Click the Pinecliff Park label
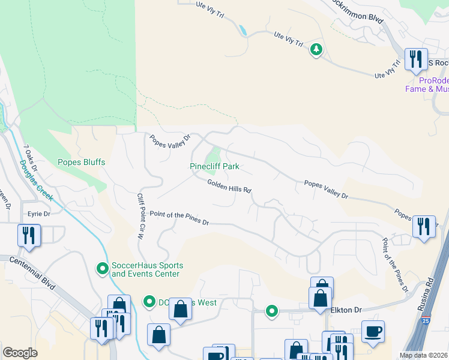pyautogui.click(x=214, y=166)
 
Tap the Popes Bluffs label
pyautogui.click(x=81, y=162)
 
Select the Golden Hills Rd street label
pyautogui.click(x=229, y=186)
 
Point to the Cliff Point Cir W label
pyautogui.click(x=142, y=216)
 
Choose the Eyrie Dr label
pyautogui.click(x=38, y=213)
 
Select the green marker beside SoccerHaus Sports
pyautogui.click(x=103, y=266)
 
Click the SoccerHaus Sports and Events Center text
pyautogui.click(x=147, y=269)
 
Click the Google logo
pyautogui.click(x=20, y=353)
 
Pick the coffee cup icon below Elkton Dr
pyautogui.click(x=373, y=331)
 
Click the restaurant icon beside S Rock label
pyautogui.click(x=415, y=59)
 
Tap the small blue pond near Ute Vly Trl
pyautogui.click(x=243, y=30)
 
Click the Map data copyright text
pyautogui.click(x=424, y=355)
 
